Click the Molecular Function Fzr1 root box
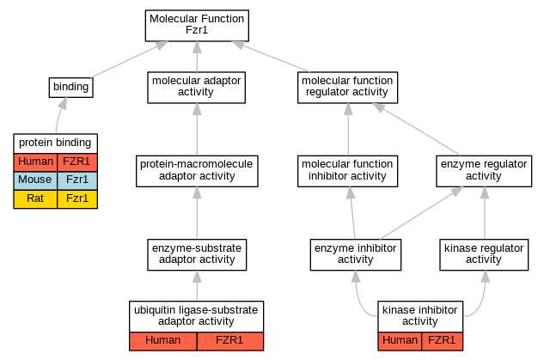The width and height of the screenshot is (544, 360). tap(197, 26)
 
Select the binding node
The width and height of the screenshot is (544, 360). tap(70, 88)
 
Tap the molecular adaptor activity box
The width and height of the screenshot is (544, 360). tap(196, 88)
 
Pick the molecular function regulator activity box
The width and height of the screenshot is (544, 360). tap(347, 88)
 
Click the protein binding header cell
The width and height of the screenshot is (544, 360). tap(56, 143)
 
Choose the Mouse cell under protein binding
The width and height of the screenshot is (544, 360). tap(35, 180)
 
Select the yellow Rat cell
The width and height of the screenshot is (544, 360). tap(35, 199)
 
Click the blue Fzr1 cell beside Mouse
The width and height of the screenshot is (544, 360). tap(77, 180)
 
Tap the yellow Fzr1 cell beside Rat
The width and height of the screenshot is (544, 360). tap(77, 199)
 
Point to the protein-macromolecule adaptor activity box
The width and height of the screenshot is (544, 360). tap(197, 171)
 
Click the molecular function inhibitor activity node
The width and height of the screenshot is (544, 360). tap(347, 171)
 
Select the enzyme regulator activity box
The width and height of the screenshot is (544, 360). tap(484, 171)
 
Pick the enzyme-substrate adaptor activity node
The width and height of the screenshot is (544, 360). tap(197, 254)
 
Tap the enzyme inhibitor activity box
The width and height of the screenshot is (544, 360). tap(356, 254)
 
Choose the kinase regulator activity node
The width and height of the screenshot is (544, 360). tap(484, 254)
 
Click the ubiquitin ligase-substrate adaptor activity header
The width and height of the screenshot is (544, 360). tap(196, 316)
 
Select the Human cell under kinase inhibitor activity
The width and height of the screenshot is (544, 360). tap(400, 341)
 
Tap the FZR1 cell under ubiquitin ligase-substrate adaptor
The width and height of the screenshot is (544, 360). tap(230, 341)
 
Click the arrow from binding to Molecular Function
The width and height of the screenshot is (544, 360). tap(129, 59)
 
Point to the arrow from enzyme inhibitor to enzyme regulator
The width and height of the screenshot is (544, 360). tap(421, 213)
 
